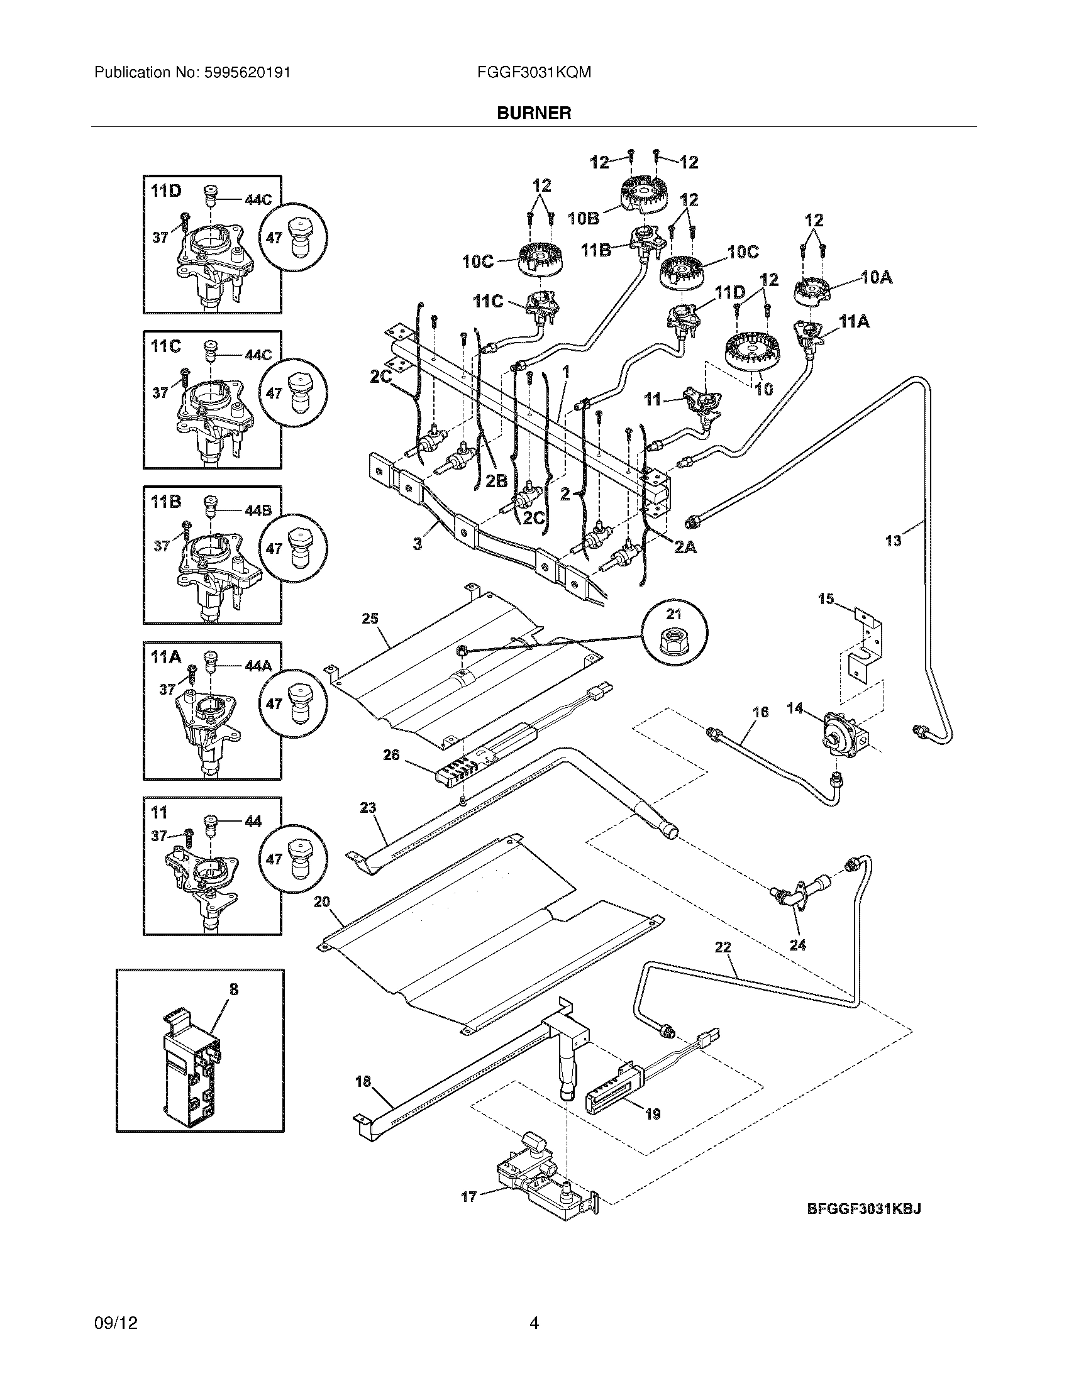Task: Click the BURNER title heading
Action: (x=534, y=113)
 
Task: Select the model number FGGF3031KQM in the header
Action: (x=534, y=73)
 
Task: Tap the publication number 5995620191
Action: (x=248, y=73)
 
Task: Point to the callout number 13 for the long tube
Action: (x=893, y=540)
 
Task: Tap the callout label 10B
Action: (x=584, y=219)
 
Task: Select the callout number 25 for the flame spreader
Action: (x=370, y=618)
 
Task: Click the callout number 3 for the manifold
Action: (x=418, y=543)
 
